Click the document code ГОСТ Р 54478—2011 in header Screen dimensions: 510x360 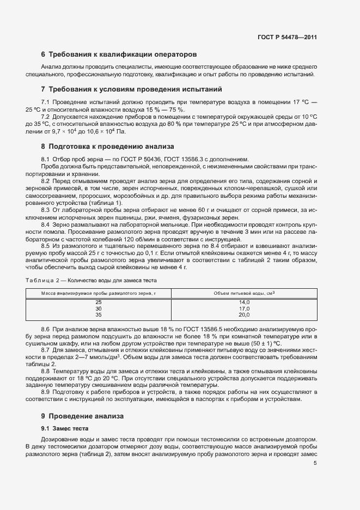tap(286, 38)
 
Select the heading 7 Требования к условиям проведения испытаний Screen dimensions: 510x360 tap(131, 89)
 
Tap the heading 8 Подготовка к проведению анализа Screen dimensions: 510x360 tap(107, 146)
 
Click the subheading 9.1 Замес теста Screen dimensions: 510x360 tap(65, 428)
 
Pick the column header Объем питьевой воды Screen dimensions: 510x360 tap(244, 293)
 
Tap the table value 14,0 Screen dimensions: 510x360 tap(244, 302)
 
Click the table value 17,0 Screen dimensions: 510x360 tap(244, 308)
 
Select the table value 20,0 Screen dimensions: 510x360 tap(244, 314)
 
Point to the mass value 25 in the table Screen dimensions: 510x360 tap(99, 302)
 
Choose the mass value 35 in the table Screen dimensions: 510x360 tap(99, 314)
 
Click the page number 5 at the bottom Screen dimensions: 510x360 tap(315, 463)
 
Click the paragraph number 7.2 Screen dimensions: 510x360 tap(46, 117)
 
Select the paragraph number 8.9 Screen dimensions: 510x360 tap(46, 392)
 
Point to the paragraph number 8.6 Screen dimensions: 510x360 tap(46, 330)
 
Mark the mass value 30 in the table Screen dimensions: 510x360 tap(99, 308)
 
